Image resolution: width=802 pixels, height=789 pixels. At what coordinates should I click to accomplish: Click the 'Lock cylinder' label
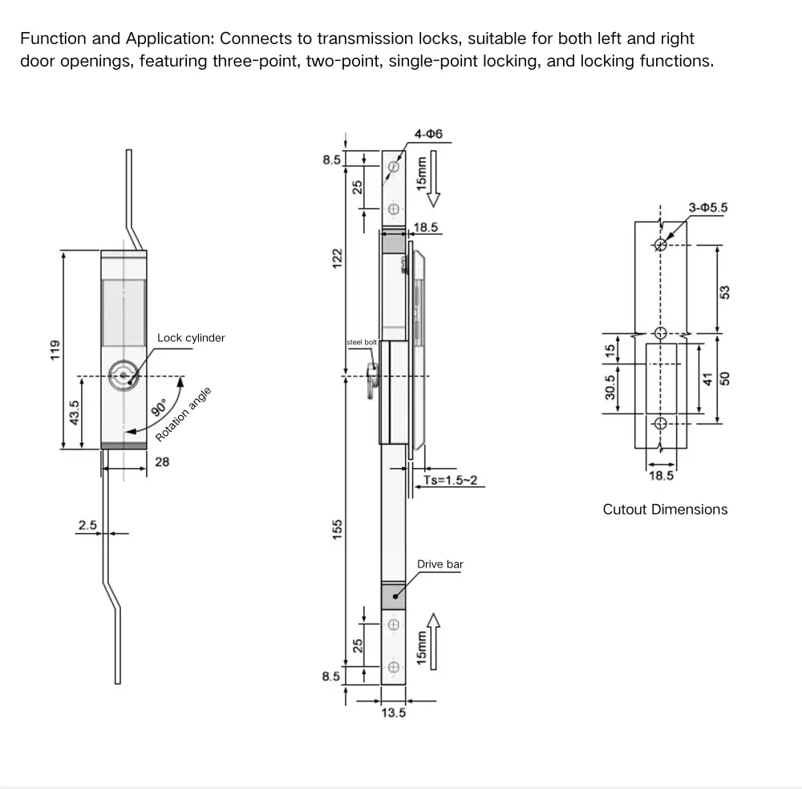point(191,338)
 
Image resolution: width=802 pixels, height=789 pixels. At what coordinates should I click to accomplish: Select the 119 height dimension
point(55,350)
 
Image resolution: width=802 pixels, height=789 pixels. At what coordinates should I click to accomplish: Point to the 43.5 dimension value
point(74,413)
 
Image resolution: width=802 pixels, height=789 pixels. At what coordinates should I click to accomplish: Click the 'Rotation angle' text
point(184,414)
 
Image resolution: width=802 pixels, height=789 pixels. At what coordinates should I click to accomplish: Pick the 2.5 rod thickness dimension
point(87,525)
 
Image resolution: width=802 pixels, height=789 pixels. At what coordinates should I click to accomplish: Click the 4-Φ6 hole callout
point(429,134)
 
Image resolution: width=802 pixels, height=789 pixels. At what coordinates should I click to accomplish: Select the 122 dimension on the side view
point(338,257)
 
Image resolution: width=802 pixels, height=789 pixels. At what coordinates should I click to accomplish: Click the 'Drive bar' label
point(439,564)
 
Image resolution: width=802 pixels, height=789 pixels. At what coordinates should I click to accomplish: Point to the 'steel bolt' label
point(362,342)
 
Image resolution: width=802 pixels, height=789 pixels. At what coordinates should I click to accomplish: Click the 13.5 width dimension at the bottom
point(393,713)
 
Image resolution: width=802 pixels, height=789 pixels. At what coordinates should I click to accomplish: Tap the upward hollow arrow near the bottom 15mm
point(434,630)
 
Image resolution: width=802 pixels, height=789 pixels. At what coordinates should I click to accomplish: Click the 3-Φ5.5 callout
point(707,207)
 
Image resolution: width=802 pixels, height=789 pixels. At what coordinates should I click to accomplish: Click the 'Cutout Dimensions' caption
point(665,510)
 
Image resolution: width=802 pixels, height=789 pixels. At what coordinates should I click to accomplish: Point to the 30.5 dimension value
point(610,387)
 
